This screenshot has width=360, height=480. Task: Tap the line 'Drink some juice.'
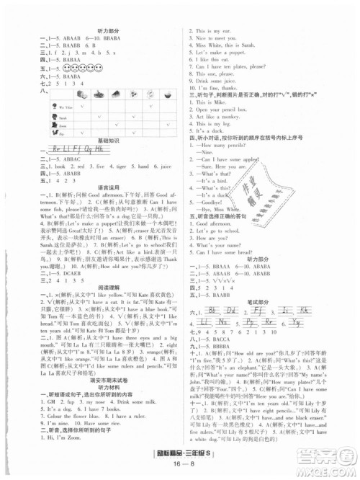click(223, 82)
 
